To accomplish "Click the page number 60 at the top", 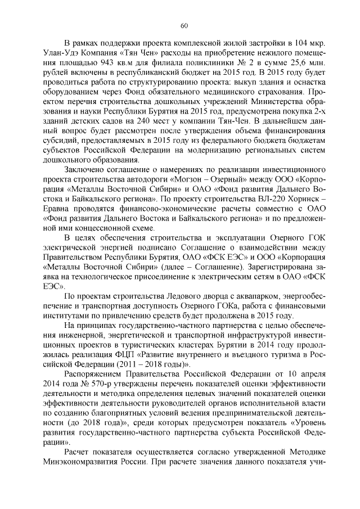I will tap(183, 25).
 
